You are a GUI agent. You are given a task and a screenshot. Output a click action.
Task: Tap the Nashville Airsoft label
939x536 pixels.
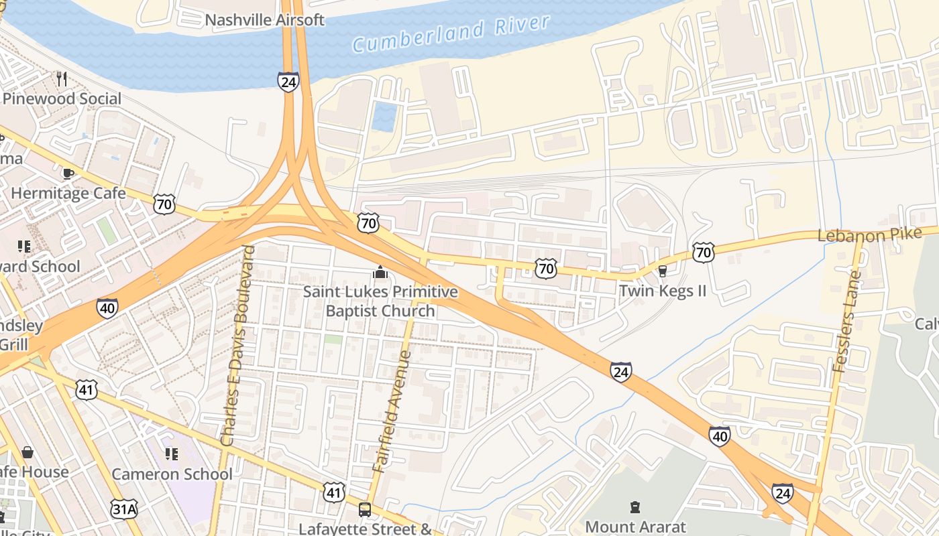click(264, 19)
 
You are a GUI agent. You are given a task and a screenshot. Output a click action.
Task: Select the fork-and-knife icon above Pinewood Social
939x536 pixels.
click(62, 79)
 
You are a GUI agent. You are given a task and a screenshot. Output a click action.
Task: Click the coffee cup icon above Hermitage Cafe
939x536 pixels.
click(68, 174)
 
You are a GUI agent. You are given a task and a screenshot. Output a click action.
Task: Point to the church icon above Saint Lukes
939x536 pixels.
click(380, 273)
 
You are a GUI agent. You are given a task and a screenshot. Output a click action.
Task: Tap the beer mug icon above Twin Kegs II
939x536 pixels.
click(663, 271)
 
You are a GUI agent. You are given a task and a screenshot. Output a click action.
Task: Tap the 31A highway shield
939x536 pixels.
click(125, 509)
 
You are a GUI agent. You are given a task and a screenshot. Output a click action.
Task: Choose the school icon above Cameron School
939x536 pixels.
click(172, 454)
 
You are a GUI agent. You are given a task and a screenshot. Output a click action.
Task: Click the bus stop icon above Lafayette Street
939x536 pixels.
click(365, 510)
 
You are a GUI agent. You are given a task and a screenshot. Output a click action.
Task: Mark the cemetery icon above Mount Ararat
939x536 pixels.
click(634, 507)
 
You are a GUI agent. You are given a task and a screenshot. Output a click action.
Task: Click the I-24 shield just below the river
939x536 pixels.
click(288, 82)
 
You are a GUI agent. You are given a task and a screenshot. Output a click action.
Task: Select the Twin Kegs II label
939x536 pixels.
click(663, 291)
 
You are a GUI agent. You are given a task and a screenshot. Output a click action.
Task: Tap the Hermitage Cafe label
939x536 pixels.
click(68, 194)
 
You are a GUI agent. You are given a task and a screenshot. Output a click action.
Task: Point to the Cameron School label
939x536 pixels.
click(172, 474)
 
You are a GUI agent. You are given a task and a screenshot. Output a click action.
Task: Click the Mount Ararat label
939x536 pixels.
click(635, 527)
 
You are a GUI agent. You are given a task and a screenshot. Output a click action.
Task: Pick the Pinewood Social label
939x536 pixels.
click(62, 99)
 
